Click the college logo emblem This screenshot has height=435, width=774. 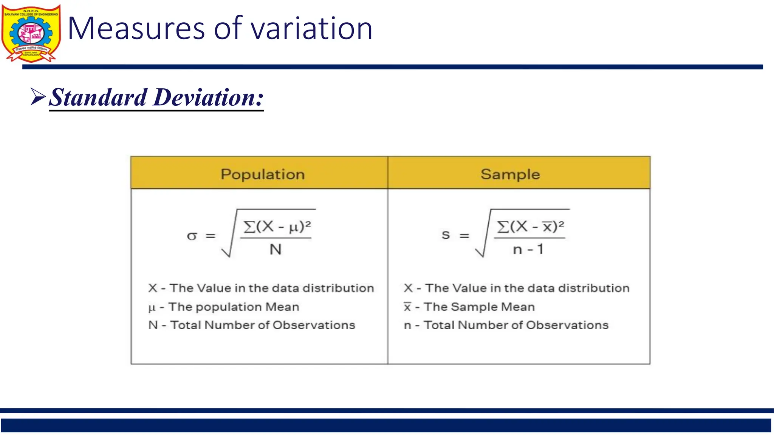[x=31, y=33]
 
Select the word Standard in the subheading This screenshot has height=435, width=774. [x=98, y=97]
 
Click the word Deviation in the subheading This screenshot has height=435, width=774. [x=208, y=97]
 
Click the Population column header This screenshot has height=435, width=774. [x=263, y=174]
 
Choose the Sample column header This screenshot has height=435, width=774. [x=510, y=174]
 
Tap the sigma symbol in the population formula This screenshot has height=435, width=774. [x=192, y=236]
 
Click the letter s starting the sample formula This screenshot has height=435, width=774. [x=446, y=235]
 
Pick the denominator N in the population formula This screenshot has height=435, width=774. [x=276, y=249]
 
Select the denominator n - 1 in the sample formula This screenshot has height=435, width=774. [x=528, y=249]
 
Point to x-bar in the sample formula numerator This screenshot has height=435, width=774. [x=547, y=227]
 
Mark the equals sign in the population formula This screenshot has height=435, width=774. [x=211, y=236]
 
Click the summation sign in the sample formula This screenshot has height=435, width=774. [x=503, y=227]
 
